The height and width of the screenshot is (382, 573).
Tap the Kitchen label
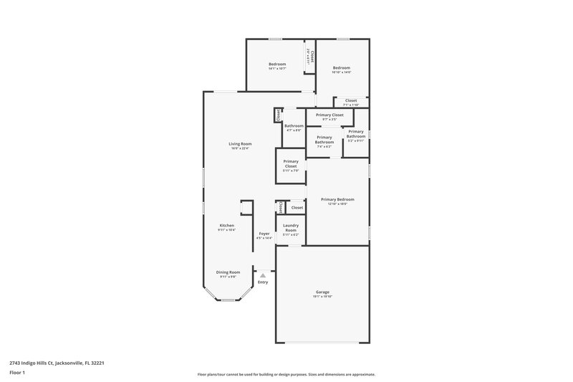click(226, 225)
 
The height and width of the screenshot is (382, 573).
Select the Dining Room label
click(228, 272)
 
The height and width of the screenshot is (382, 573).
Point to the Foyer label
click(264, 233)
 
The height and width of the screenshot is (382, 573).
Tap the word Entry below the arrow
click(263, 282)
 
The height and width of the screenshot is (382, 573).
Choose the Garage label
click(322, 292)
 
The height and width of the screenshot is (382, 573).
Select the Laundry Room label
click(291, 228)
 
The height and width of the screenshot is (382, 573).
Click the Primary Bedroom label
click(337, 199)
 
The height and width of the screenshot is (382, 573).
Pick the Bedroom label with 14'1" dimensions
click(277, 64)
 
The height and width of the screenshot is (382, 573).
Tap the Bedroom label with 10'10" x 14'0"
click(341, 68)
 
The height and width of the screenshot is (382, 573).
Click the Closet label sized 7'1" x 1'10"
click(351, 100)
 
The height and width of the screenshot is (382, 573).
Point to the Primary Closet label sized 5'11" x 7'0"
click(291, 163)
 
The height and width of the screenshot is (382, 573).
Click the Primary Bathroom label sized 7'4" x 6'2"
click(324, 139)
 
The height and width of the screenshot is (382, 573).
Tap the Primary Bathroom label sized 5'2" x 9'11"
click(356, 133)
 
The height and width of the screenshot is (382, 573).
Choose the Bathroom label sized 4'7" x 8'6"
click(294, 125)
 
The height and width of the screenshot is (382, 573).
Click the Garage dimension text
click(322, 297)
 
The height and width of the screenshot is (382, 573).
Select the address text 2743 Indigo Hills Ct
click(49, 362)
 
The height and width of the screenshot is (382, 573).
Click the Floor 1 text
click(17, 373)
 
